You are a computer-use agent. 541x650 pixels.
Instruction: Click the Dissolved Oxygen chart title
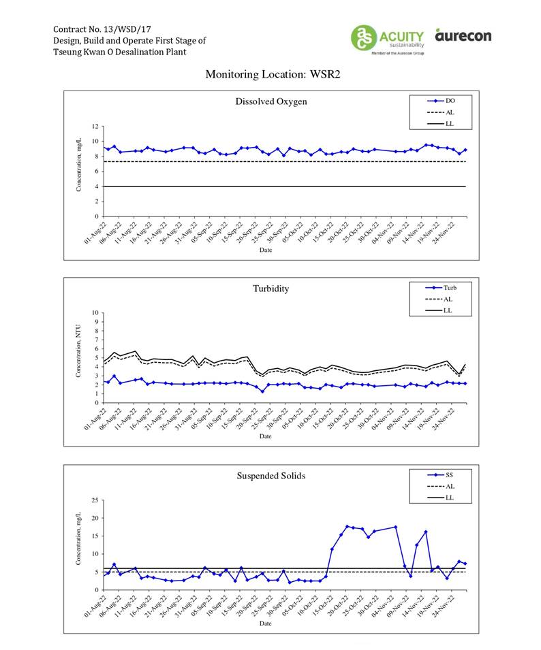(x=271, y=102)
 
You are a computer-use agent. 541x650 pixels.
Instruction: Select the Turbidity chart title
(x=270, y=289)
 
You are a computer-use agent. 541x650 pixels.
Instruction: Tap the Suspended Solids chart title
(x=270, y=475)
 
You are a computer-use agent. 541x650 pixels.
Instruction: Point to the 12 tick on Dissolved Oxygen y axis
(x=97, y=127)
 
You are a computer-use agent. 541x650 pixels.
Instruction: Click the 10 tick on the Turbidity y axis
(x=97, y=313)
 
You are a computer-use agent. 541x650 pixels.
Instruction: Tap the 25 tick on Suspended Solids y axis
(x=97, y=500)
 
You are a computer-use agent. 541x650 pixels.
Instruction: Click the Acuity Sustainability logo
(x=387, y=38)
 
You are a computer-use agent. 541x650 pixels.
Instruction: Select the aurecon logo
(x=463, y=35)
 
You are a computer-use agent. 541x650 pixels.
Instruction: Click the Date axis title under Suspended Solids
(x=266, y=623)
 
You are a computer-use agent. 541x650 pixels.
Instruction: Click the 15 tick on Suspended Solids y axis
(x=97, y=536)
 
